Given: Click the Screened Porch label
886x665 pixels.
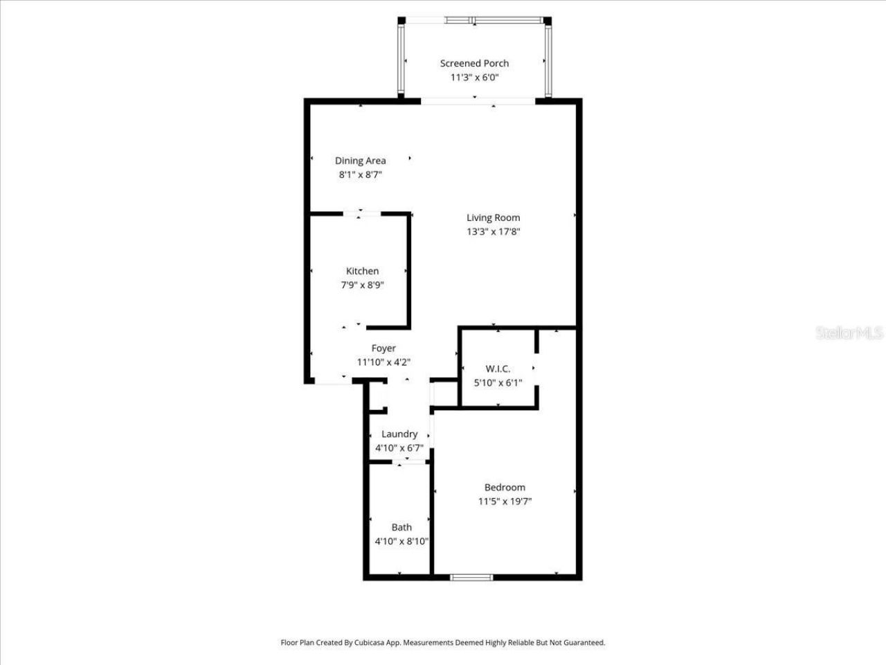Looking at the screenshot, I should coord(474,63).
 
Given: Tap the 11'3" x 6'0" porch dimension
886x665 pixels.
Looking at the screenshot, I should coord(474,78).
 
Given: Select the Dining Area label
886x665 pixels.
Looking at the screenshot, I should coord(360,161).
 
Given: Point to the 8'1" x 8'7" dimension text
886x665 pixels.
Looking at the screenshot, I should coord(360,175).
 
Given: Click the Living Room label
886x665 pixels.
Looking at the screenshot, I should coord(493,218).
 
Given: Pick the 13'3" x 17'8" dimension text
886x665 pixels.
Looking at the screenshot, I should coord(493,232).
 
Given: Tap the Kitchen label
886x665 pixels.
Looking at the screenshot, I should coord(362,271).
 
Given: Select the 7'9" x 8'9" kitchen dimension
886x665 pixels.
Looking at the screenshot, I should coord(362,285).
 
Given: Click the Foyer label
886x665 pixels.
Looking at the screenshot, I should coord(383,348).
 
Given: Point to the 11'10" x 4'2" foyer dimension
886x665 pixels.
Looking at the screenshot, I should coord(383,362).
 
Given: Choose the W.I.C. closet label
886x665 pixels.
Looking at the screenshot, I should coord(498,369).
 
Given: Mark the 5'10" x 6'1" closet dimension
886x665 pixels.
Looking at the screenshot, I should coord(498,382).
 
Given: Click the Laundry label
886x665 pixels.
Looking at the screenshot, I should coord(399,434).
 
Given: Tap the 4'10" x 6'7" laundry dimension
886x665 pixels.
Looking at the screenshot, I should coord(399,448).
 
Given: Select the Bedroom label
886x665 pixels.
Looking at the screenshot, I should coord(505,487).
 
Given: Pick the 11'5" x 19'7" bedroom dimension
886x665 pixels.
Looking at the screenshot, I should coord(505,502).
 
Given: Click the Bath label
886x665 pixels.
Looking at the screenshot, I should coord(401,527).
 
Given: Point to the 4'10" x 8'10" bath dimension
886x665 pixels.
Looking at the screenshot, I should coord(401,542).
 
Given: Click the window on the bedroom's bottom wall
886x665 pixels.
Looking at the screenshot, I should coord(471,577).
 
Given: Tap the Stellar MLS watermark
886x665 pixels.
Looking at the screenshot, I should coord(849,333).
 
